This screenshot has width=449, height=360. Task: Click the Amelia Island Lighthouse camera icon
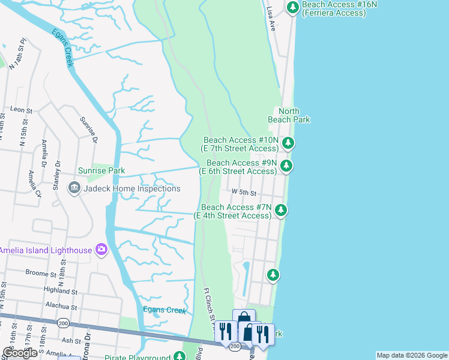(x=101, y=249)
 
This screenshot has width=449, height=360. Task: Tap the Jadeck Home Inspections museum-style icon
(x=74, y=188)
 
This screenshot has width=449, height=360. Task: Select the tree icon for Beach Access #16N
(x=293, y=8)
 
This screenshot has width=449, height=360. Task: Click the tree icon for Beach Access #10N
(x=288, y=143)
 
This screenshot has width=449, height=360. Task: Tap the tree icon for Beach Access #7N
(x=280, y=211)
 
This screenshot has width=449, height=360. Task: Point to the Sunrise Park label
(x=101, y=170)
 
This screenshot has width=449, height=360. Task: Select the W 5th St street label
(x=244, y=193)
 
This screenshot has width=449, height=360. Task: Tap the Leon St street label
(x=21, y=110)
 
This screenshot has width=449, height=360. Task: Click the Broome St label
(x=41, y=272)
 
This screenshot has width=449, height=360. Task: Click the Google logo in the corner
(x=20, y=353)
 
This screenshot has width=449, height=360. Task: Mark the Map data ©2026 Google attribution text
(x=412, y=355)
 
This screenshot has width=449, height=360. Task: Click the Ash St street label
(x=71, y=340)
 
